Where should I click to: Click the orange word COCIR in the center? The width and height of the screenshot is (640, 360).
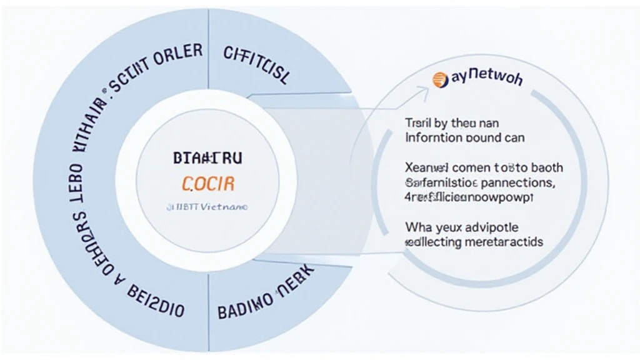pyautogui.click(x=209, y=184)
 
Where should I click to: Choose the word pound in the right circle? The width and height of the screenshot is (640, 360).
pyautogui.click(x=489, y=136)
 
